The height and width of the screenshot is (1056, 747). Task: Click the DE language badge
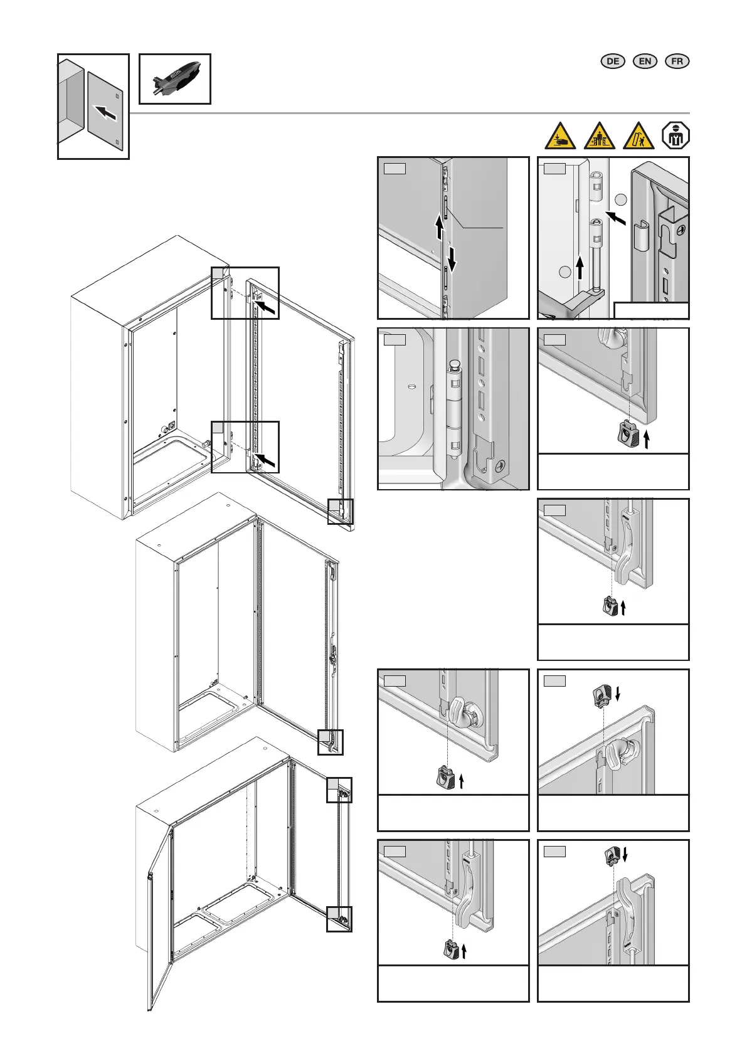point(613,61)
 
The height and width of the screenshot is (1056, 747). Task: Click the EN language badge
point(645,61)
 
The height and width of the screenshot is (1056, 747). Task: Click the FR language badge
point(677,61)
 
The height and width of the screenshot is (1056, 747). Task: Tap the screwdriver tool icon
point(174,78)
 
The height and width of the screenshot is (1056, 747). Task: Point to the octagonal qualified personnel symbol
point(675,136)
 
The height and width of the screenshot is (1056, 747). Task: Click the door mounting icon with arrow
point(93,106)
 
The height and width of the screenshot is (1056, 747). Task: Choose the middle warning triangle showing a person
point(600,136)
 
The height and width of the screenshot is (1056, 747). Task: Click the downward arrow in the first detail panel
point(452,258)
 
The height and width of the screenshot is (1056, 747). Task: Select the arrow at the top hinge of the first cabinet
point(266,307)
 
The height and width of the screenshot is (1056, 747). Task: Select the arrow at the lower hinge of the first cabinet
point(266,461)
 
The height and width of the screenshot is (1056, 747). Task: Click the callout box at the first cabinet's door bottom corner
point(341,511)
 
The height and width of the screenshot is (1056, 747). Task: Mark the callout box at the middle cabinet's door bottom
point(331,742)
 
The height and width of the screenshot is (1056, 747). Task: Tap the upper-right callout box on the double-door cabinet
point(339,789)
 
